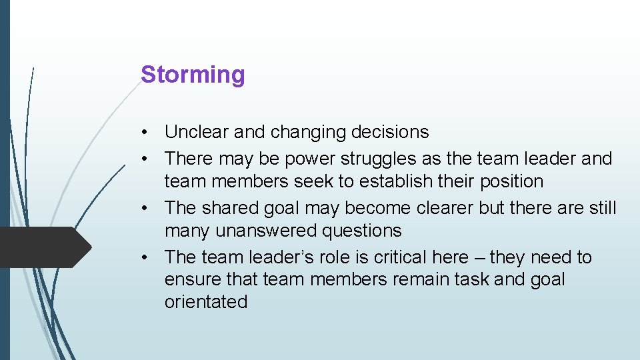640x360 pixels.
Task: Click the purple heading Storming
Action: tap(193, 75)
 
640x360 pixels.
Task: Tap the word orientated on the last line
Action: tap(206, 302)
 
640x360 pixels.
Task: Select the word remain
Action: tap(422, 279)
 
